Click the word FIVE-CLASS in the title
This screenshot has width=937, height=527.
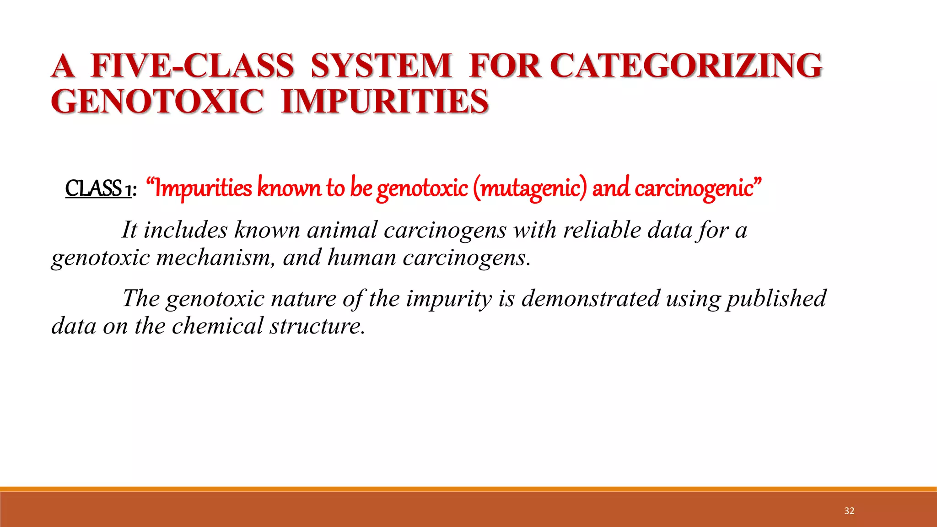192,65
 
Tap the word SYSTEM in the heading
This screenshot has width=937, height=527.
381,65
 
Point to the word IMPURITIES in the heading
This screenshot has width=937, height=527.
385,101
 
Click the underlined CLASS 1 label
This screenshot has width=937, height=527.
98,188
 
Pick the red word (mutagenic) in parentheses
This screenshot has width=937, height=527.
529,188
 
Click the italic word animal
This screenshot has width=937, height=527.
342,230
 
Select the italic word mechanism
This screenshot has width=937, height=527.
216,258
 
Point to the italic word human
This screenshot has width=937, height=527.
362,258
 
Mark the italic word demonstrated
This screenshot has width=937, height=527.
590,299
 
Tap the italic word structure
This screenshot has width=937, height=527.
317,326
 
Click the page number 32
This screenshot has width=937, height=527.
849,511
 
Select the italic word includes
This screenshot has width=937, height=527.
185,230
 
